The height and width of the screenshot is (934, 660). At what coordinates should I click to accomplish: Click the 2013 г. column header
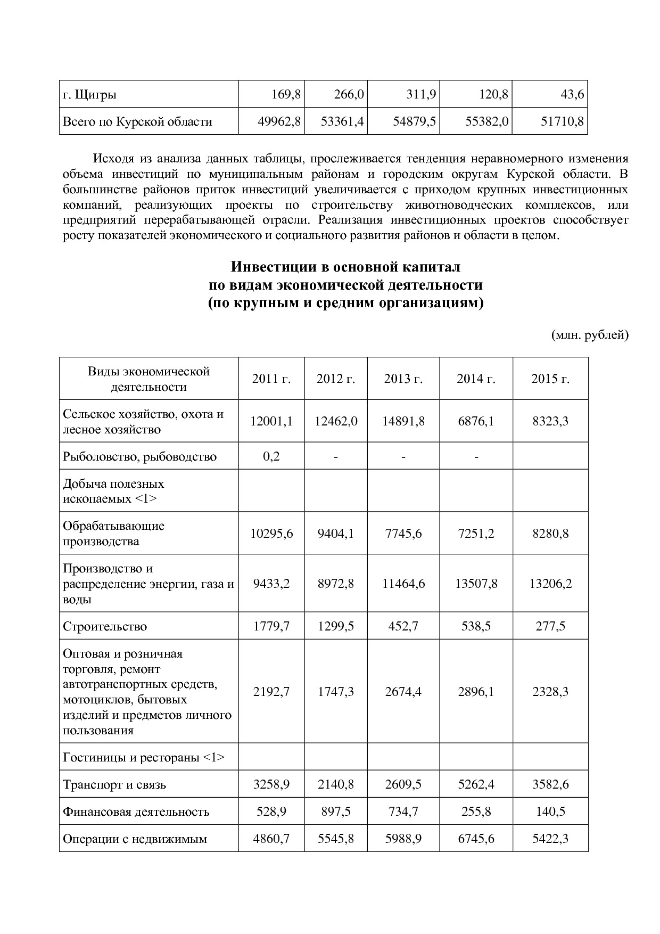point(403,379)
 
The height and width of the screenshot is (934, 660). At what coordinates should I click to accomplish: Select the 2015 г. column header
point(550,379)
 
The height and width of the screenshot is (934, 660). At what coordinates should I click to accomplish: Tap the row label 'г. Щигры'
point(89,95)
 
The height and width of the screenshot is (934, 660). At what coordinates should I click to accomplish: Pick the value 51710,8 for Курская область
point(562,121)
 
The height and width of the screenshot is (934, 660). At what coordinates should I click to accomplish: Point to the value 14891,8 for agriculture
point(403,421)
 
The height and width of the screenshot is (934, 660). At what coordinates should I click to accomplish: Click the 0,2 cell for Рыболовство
point(271,456)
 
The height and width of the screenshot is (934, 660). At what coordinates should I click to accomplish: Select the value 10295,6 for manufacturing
point(271,534)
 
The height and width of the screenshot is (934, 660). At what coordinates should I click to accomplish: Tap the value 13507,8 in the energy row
point(476,584)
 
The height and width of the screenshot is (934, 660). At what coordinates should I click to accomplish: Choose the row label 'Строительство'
point(105,626)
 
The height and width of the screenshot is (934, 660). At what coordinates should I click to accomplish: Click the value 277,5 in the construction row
point(550,626)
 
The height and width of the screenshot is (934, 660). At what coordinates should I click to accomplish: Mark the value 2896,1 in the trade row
point(476,692)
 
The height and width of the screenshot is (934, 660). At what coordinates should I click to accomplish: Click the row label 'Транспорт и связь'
point(114,784)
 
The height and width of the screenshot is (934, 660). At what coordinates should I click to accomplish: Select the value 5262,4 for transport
point(476,784)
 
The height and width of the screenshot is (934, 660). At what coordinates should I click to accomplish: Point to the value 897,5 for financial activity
point(336,812)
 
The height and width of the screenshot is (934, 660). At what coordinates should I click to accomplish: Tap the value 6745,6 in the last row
point(476,839)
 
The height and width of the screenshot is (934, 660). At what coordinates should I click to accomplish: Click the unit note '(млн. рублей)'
point(589,335)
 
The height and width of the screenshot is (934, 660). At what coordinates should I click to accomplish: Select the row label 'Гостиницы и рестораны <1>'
point(144,757)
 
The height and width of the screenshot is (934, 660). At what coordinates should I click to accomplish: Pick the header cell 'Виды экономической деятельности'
point(148,379)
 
